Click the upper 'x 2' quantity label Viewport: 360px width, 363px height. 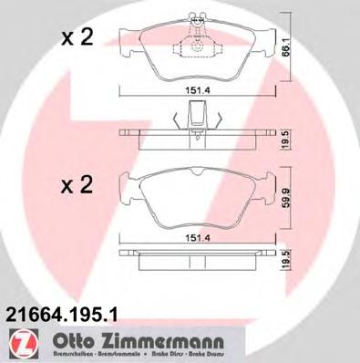click(77, 37)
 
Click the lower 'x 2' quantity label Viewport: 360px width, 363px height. click(77, 186)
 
